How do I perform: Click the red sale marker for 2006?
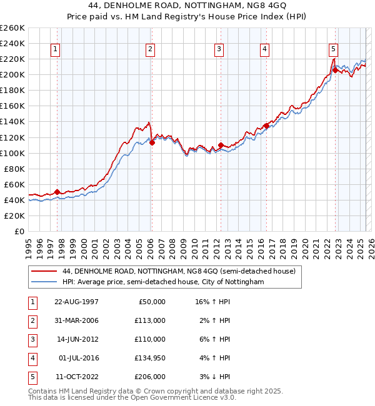coord(152,142)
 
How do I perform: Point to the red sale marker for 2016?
coord(266,126)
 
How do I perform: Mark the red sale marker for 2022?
coord(335,70)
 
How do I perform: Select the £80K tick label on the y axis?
coord(14,169)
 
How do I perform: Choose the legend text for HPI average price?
coord(163,282)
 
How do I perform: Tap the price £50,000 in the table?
coord(151,302)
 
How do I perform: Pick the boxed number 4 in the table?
coord(31,358)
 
